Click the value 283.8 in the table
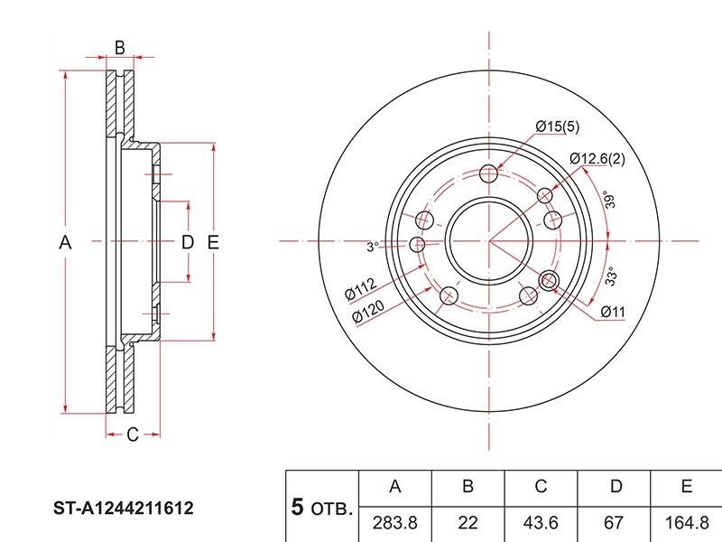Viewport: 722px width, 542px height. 394,522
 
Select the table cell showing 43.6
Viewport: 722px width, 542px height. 541,522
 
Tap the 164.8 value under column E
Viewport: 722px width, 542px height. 686,522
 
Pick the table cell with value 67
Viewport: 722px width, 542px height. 615,522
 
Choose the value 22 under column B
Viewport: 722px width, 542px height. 467,522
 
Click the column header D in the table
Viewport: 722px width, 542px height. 615,487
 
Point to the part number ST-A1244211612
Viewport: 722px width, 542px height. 121,509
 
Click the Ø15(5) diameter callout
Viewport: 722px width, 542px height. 557,127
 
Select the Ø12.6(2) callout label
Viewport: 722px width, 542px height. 597,160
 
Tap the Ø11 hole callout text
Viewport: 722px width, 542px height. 613,313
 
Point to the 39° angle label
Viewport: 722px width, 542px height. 611,201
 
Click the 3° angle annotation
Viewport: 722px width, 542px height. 371,246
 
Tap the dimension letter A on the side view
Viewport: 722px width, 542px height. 64,241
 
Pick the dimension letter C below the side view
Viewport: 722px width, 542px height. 131,435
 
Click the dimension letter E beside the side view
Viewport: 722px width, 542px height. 214,241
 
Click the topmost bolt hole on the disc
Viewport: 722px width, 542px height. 489,174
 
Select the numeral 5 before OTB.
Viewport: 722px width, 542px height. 297,507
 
